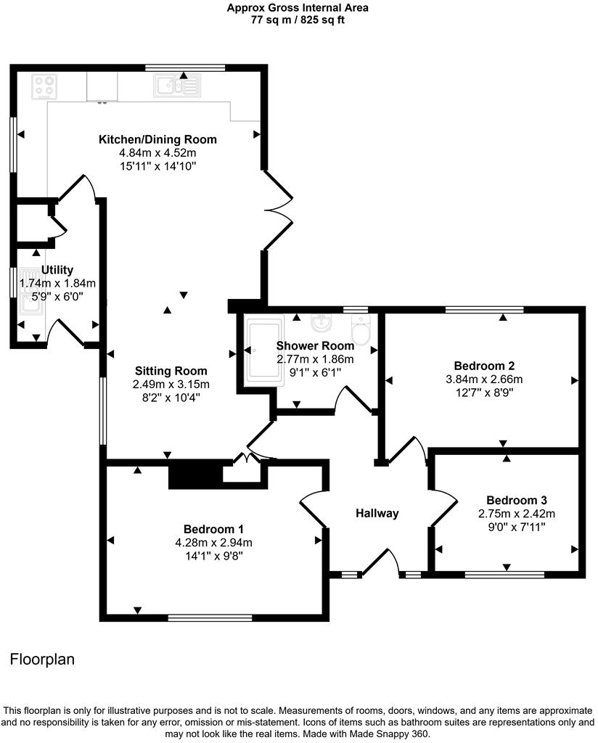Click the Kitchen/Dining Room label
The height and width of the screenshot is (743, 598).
pos(157,139)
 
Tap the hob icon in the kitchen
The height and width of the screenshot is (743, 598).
pos(44,87)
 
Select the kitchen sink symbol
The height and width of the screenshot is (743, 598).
pos(176,87)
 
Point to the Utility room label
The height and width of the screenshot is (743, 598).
pos(57,270)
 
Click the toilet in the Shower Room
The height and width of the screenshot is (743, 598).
pos(361,328)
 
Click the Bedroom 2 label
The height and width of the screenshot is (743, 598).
pos(479,366)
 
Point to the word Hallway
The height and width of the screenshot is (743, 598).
pos(377,514)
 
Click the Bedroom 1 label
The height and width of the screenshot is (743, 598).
pos(213,528)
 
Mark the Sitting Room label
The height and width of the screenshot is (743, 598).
pos(170,371)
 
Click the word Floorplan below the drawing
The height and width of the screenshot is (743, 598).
pos(42,660)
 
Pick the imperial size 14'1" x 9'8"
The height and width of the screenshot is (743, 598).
pos(213,557)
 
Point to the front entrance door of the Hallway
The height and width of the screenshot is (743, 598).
pos(382,562)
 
